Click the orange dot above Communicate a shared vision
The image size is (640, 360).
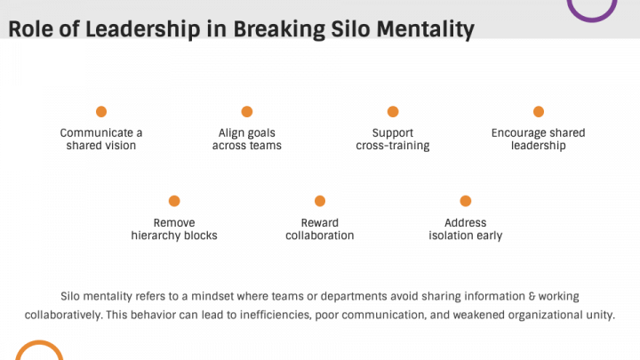point(101,111)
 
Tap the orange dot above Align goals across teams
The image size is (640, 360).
point(247,111)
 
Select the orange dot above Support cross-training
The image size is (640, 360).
point(393,111)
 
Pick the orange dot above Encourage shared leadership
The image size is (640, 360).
point(539,111)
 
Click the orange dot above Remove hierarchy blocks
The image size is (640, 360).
point(174,201)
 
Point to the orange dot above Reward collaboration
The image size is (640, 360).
point(320,201)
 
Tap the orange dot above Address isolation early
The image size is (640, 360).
point(466,201)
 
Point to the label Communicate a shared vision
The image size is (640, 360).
point(101,140)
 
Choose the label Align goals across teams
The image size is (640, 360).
point(247,140)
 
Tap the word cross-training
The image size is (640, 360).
point(393,146)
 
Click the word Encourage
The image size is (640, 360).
point(519,133)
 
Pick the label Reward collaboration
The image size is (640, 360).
point(320,229)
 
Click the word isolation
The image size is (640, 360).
point(454,236)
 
